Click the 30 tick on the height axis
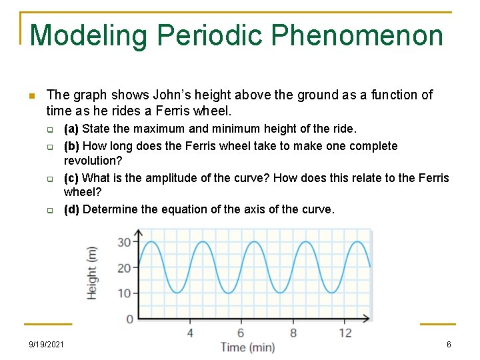pos(124,242)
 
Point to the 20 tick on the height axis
pos(124,268)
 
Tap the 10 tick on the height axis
pos(124,293)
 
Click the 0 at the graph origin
pos(129,319)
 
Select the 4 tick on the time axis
pos(190,332)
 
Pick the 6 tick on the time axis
pos(241,332)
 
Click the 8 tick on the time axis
pos(293,332)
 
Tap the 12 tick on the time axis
pos(345,332)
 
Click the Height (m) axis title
pos(92,272)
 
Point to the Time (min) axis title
pos(247,347)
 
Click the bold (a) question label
pos(71,129)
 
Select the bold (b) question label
pos(71,146)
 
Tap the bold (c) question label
pos(71,178)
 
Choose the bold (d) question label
pos(71,209)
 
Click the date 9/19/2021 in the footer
pos(47,344)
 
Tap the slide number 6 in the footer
pos(449,344)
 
